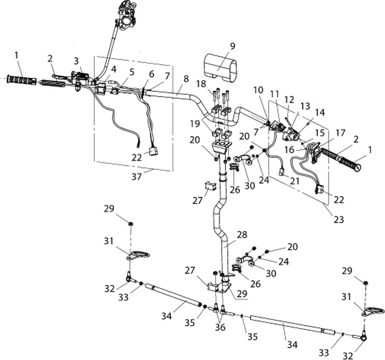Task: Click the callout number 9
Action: [232, 46]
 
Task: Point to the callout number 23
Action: [339, 219]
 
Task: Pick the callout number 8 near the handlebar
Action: [186, 79]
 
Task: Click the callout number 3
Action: [77, 61]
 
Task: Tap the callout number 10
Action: [258, 89]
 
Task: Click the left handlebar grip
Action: [21, 79]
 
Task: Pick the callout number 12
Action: [289, 99]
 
